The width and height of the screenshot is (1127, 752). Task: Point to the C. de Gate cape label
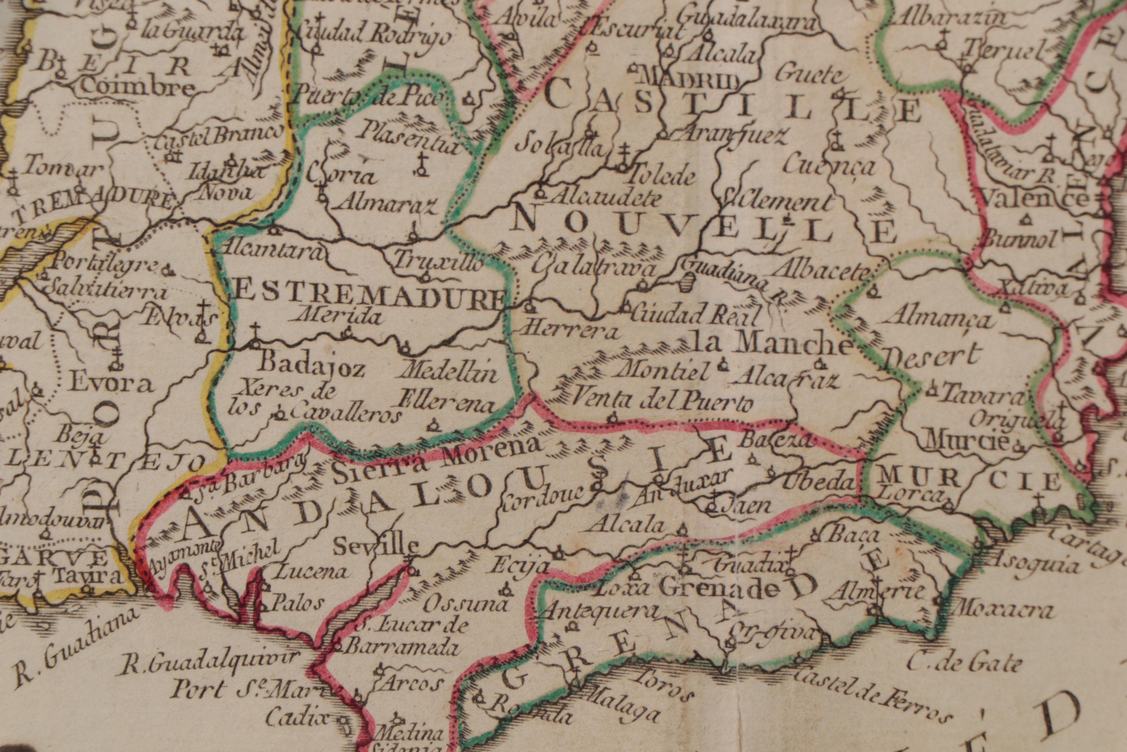click(963, 665)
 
